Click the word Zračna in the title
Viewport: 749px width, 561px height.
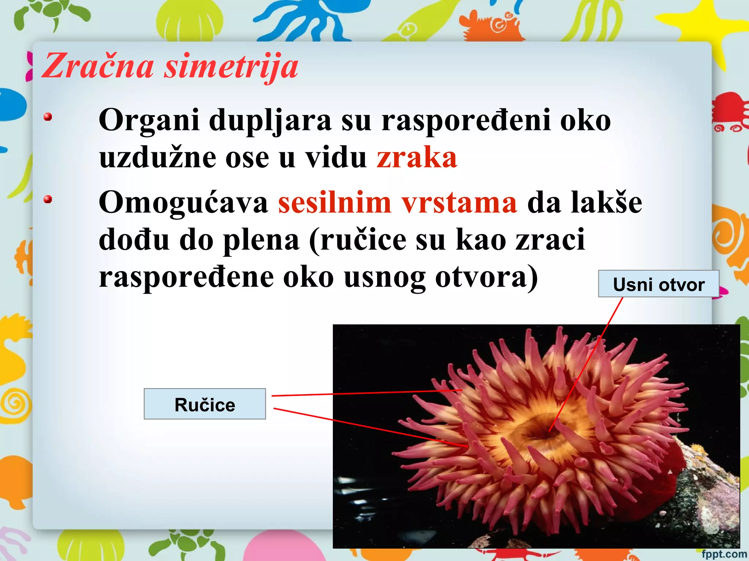98,66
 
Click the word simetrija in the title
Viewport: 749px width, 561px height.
231,67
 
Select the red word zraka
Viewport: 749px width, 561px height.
417,158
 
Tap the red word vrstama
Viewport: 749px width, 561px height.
459,203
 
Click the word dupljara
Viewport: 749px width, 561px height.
270,121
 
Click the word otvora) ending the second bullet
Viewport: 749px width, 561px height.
487,278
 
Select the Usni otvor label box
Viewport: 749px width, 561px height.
659,284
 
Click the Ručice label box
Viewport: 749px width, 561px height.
205,404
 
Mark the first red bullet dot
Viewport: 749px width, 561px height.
48,117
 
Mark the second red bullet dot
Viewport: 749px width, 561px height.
48,199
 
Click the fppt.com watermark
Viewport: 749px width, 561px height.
724,554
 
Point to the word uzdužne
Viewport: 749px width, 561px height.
158,158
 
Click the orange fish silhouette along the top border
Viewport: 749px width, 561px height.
490,26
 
